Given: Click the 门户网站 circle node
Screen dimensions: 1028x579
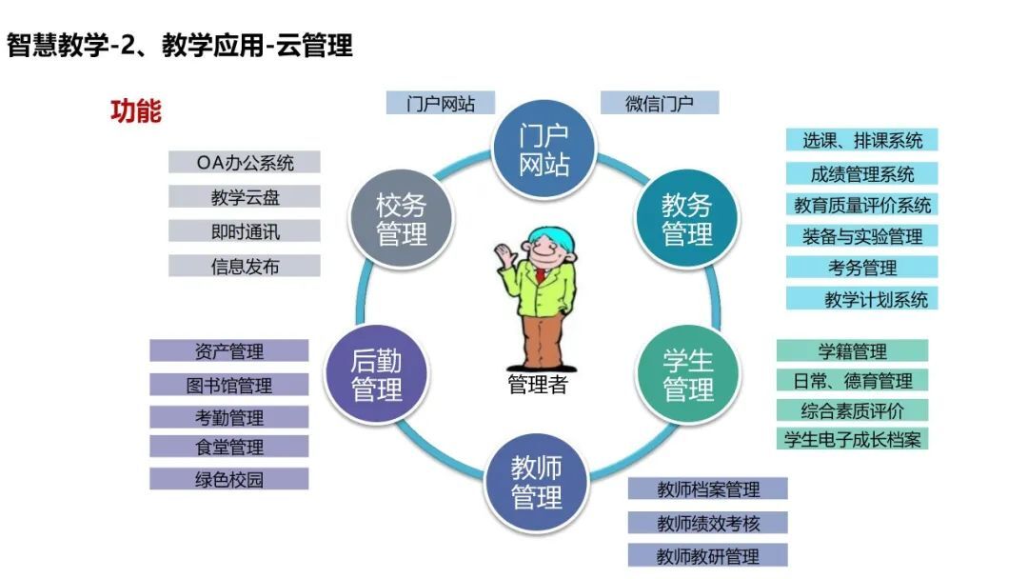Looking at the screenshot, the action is pyautogui.click(x=544, y=150).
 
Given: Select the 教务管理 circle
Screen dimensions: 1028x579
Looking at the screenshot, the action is pyautogui.click(x=687, y=219).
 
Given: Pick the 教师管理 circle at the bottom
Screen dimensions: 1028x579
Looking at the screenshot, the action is pyautogui.click(x=536, y=483).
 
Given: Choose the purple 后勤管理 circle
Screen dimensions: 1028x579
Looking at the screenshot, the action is pyautogui.click(x=376, y=374).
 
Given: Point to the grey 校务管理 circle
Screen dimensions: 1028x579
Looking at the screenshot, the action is pyautogui.click(x=402, y=219).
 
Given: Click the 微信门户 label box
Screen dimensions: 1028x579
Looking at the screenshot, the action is pyautogui.click(x=660, y=103).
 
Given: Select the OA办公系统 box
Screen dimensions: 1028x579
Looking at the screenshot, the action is pyautogui.click(x=245, y=162).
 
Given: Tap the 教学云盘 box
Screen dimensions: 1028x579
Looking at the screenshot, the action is pyautogui.click(x=245, y=197).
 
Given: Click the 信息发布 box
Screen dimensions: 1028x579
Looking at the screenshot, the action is pyautogui.click(x=245, y=267).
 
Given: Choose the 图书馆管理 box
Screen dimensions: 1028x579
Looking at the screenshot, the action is pyautogui.click(x=228, y=385).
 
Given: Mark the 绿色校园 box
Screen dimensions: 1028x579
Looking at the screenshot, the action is pyautogui.click(x=228, y=479).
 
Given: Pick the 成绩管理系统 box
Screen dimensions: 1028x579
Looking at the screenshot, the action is pyautogui.click(x=862, y=173).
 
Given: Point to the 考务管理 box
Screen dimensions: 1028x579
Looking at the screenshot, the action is pyautogui.click(x=862, y=267).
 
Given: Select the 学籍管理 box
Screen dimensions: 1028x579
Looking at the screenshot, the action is pyautogui.click(x=852, y=350).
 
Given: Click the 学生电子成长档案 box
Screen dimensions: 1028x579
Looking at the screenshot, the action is pyautogui.click(x=852, y=439).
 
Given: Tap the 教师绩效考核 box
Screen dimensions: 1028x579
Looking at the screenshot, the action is pyautogui.click(x=708, y=523).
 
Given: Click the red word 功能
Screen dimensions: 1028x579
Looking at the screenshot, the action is pyautogui.click(x=136, y=110).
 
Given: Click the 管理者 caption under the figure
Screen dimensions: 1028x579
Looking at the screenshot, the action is pyautogui.click(x=537, y=384).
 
